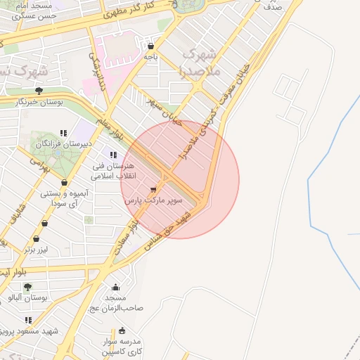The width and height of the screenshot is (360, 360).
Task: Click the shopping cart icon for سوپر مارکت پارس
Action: [153, 189]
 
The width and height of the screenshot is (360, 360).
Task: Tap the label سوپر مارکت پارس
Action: [153, 200]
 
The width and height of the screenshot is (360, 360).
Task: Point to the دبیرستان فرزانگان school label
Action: [65, 143]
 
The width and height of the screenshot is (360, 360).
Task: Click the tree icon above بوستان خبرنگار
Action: [39, 91]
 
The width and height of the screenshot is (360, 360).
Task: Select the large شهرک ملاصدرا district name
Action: [200, 63]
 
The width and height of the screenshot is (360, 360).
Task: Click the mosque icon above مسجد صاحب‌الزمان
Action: [115, 287]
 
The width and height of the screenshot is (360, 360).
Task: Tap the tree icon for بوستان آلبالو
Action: [27, 286]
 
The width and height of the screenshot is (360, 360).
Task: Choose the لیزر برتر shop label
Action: [38, 249]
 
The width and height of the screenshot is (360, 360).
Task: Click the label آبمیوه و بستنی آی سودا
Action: [64, 198]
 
